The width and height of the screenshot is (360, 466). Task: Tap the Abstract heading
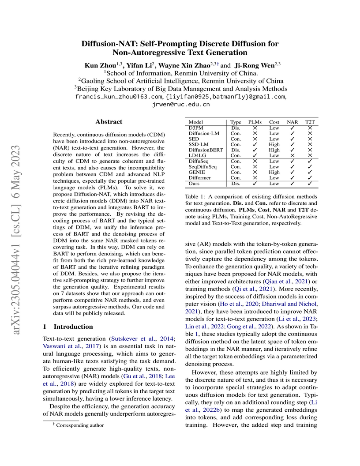pos(109,122)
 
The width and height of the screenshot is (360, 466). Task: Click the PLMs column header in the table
pos(255,121)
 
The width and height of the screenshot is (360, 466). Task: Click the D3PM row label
pos(196,128)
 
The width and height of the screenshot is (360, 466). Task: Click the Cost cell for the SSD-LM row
pos(274,144)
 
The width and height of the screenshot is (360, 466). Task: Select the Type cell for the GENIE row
pos(236,172)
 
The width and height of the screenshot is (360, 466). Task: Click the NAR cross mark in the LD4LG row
pos(292,155)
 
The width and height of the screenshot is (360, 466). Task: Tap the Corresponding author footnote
pos(78,425)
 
